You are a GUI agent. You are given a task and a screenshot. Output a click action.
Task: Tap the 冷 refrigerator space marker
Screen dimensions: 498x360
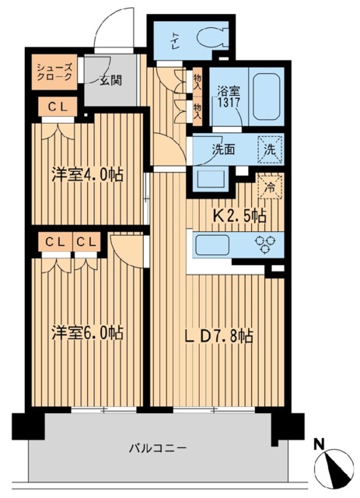tap(269, 188)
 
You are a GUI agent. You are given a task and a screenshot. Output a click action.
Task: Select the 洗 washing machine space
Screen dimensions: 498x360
tap(271, 148)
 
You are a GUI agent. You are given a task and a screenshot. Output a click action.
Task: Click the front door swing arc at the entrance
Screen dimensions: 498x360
tap(109, 31)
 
